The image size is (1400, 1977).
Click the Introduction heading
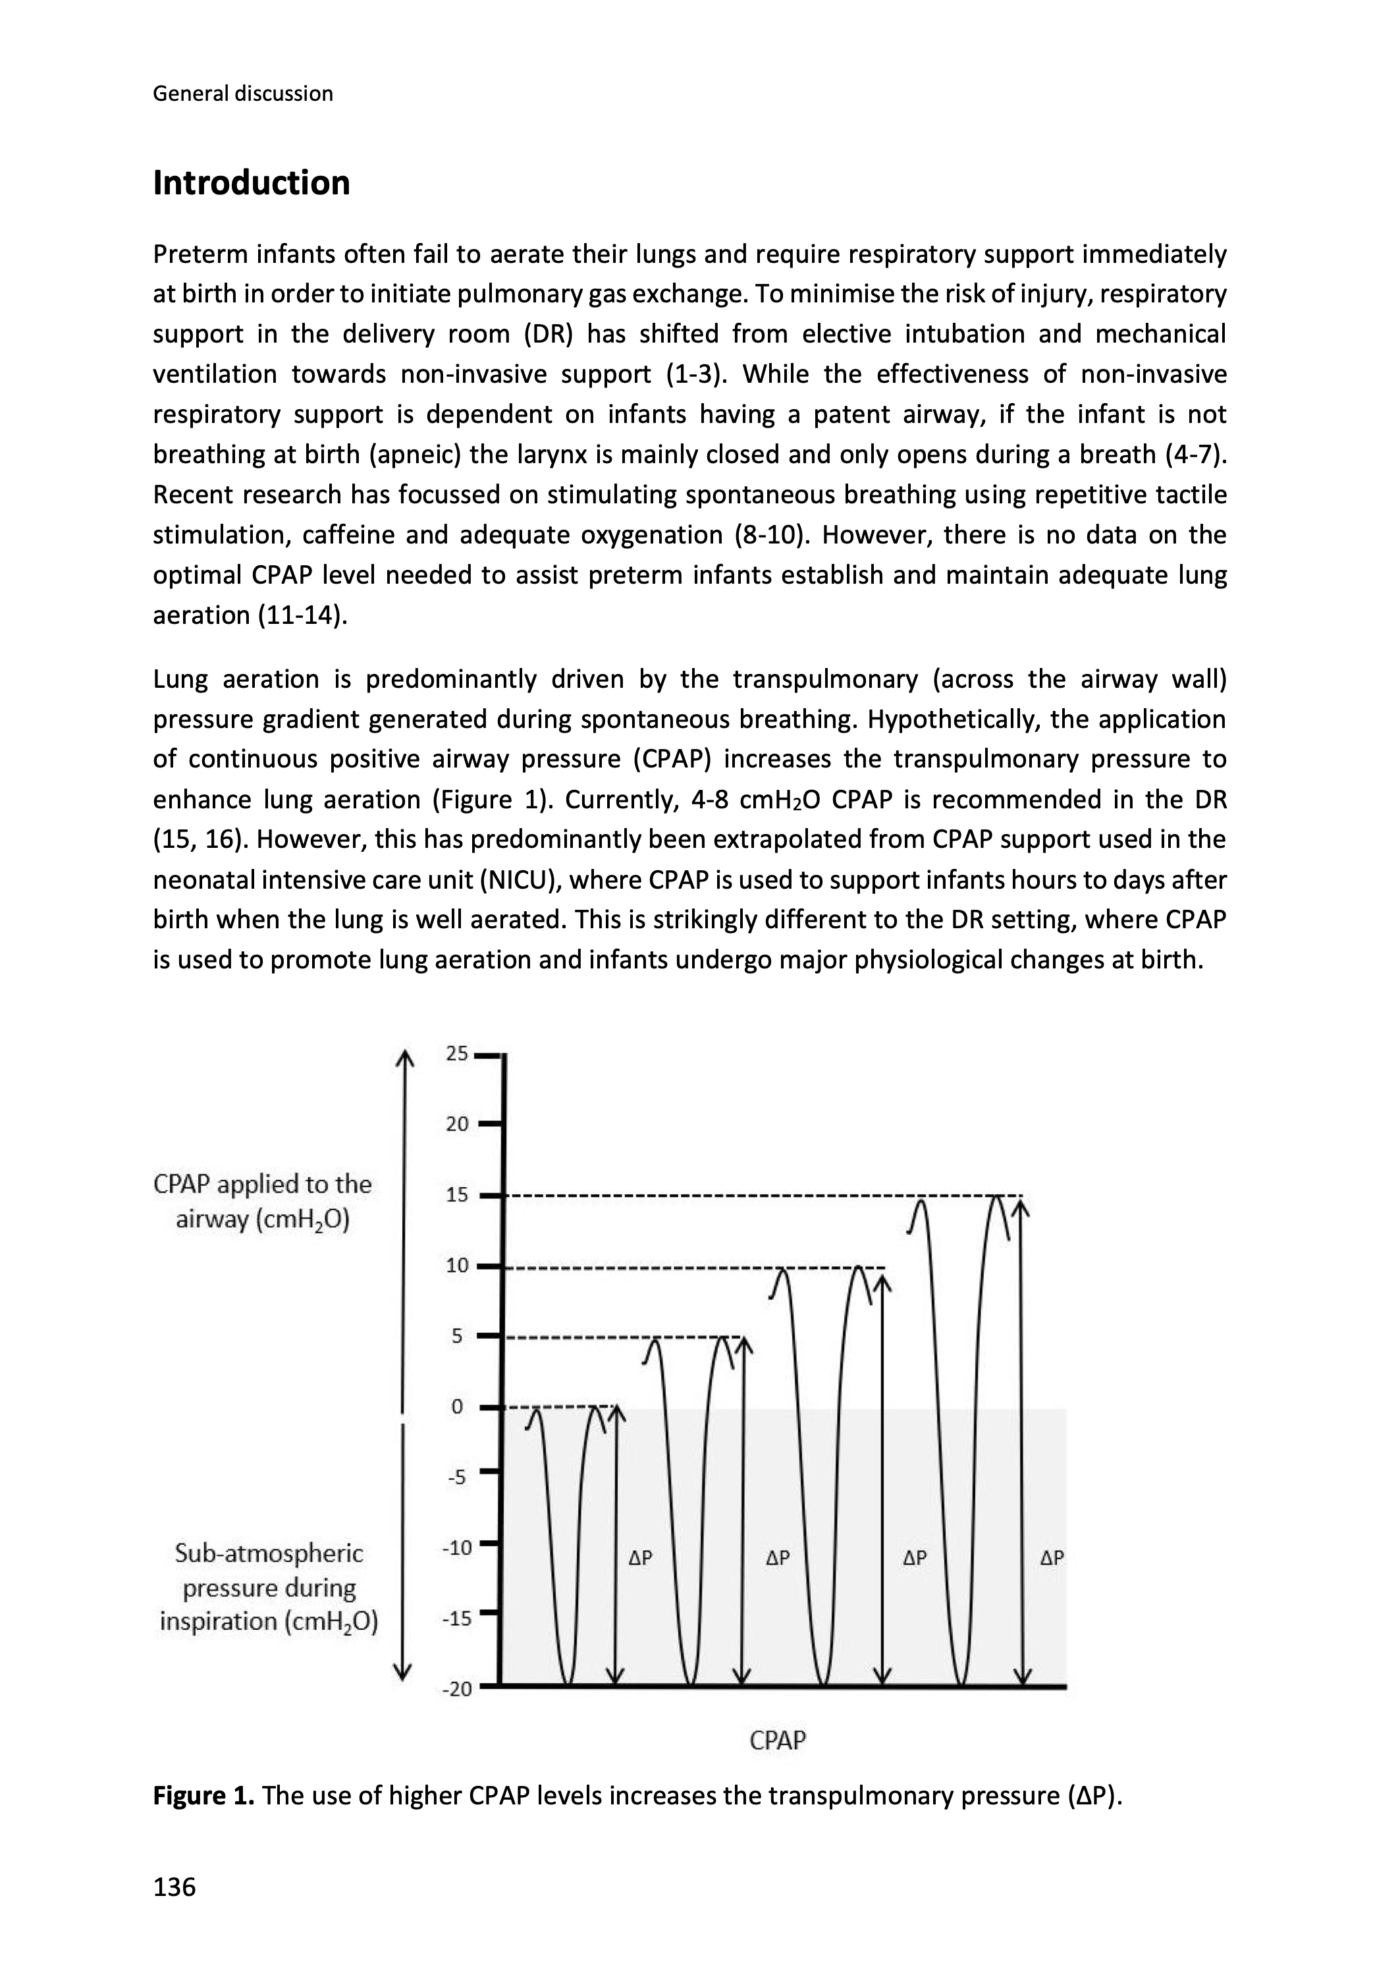point(251,182)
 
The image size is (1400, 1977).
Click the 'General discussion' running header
point(242,93)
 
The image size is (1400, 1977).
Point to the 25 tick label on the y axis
point(457,1053)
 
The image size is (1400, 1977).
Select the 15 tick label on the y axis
point(457,1195)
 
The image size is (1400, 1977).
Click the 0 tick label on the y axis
point(457,1407)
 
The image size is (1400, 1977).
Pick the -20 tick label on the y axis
point(457,1689)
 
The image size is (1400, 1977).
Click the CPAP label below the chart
point(778,1740)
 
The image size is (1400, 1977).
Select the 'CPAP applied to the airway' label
point(262,1202)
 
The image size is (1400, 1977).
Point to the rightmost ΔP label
point(1052,1558)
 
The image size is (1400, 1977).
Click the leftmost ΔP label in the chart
point(639,1558)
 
